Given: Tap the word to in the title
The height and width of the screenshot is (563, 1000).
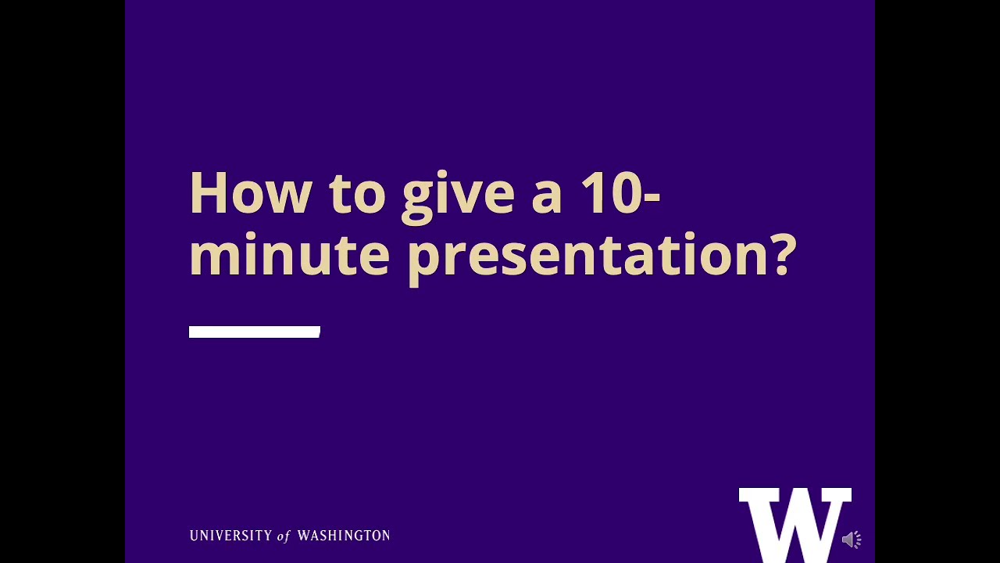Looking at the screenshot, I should pos(357,193).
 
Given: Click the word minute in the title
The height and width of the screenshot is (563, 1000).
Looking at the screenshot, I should pos(289,255).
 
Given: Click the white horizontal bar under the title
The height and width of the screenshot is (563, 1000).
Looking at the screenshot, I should pos(255,332).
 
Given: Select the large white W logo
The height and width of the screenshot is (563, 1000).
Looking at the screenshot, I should pos(795,524).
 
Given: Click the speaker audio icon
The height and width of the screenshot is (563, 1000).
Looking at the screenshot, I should pos(852,540).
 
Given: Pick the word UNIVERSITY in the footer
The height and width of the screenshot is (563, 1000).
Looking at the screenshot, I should pos(230,536).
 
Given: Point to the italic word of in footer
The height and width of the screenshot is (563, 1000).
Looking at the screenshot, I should pos(284,536).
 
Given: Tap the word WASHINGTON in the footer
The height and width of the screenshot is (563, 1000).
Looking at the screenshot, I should pos(343,536).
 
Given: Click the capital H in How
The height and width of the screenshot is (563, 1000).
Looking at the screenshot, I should pos(207,193).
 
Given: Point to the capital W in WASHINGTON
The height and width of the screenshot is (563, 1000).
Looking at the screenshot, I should pos(305,536).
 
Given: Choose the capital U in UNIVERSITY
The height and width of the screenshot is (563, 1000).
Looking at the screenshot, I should pos(195,536).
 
